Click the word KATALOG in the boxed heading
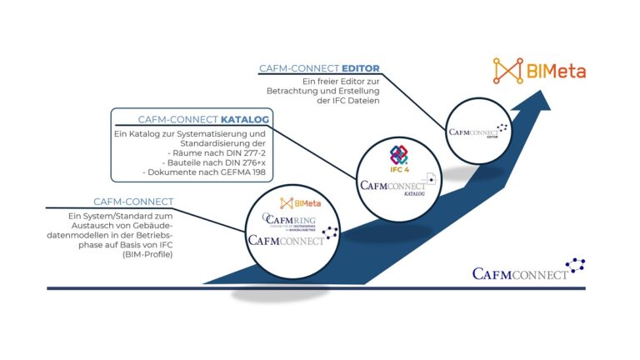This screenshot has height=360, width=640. (244, 119)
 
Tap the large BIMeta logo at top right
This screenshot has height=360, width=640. (540, 71)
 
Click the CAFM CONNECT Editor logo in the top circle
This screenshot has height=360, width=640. (478, 132)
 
